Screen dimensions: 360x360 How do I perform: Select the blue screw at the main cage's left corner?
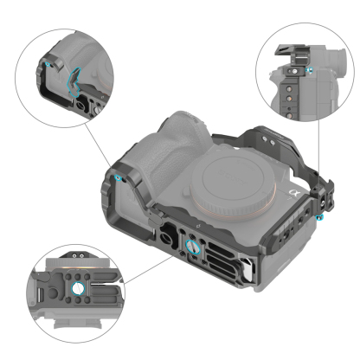tap(118, 177)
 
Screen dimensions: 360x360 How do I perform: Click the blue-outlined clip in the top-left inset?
tap(72, 86)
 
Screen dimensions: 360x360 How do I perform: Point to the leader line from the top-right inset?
tap(319, 156)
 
